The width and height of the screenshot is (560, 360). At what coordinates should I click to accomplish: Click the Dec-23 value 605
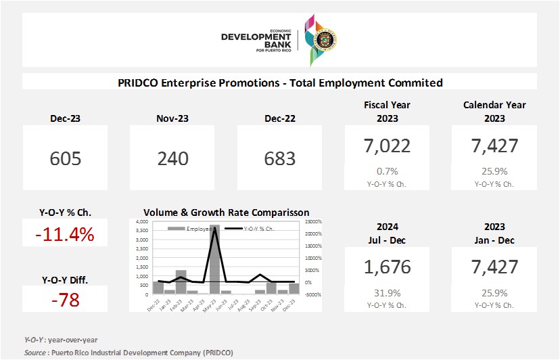tap(66, 158)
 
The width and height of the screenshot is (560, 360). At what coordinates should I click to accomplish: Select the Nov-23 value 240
tap(173, 158)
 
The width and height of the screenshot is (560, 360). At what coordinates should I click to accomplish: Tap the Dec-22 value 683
tap(280, 158)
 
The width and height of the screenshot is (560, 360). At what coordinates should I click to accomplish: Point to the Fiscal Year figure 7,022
tap(387, 145)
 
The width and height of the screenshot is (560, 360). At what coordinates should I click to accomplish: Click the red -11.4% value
tap(65, 235)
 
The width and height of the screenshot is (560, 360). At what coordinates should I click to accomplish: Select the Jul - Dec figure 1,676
tap(387, 267)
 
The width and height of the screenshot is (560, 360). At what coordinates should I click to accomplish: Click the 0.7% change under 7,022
tap(387, 171)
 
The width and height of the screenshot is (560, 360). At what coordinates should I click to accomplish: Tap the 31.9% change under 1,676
tap(387, 293)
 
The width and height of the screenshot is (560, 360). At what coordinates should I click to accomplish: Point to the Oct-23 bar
tap(271, 288)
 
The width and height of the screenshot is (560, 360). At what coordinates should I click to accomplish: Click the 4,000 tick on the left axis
tap(141, 222)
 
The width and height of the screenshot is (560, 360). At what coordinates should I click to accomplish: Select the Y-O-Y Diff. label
tap(65, 279)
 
